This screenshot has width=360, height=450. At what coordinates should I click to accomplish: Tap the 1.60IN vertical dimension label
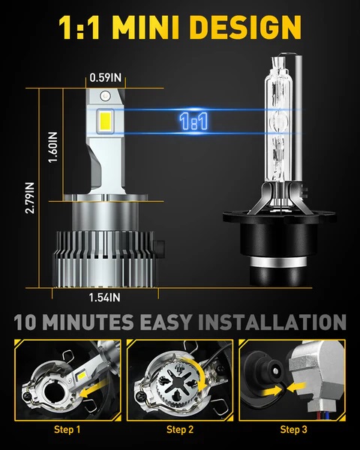[x=52, y=154]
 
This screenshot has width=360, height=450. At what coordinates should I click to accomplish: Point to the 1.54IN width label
[x=106, y=297]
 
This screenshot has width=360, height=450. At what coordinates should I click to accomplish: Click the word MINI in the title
[x=166, y=28]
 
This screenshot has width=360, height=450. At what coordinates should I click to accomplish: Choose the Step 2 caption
[x=180, y=430]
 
